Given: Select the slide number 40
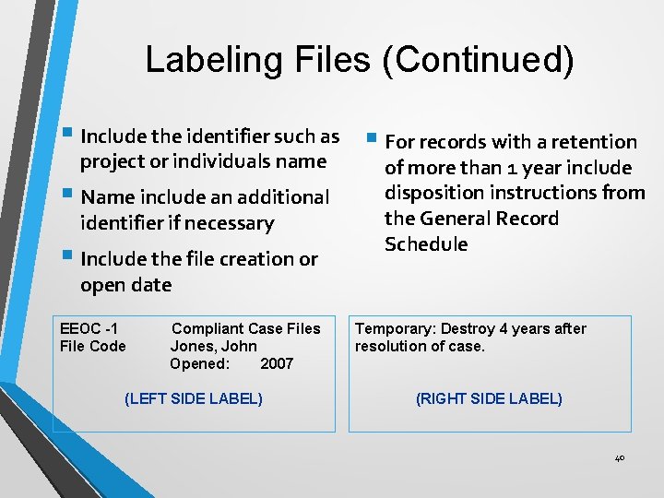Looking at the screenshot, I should (619, 457).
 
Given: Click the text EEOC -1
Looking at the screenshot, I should (89, 328).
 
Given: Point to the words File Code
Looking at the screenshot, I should (92, 346).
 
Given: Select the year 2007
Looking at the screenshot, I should (277, 363).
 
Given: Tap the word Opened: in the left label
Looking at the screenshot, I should (199, 363).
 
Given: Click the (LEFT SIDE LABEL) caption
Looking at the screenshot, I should (193, 398).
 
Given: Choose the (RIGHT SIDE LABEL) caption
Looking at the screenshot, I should (489, 398).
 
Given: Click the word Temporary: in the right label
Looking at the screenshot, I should (397, 328).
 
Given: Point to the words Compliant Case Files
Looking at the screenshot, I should (246, 328).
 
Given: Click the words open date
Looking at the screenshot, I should (126, 285).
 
